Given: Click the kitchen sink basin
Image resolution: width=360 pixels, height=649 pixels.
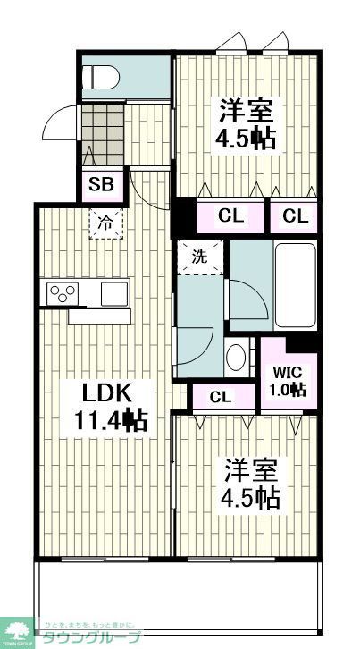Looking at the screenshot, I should click(113, 292).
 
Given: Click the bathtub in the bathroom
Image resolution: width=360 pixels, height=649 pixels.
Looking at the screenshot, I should click(294, 284).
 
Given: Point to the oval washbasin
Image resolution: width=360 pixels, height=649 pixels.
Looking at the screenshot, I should click(236, 357).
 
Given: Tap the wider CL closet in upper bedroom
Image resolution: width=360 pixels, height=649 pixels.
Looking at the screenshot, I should click(230, 216).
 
